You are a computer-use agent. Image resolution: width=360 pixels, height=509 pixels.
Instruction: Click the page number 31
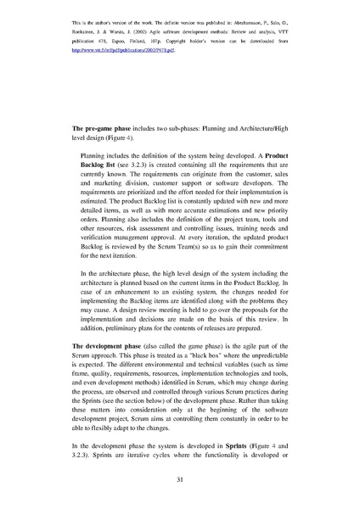tap(180, 481)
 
